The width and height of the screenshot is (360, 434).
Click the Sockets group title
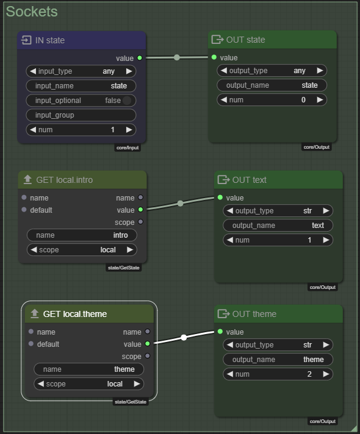pos(32,12)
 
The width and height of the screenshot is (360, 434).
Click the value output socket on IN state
pos(140,58)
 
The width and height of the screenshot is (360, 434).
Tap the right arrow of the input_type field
pos(129,71)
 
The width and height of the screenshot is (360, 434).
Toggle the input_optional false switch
pos(127,101)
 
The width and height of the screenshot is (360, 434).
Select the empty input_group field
pos(81,115)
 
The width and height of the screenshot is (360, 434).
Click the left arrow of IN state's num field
pos(33,130)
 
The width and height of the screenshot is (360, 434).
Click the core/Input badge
pos(128,148)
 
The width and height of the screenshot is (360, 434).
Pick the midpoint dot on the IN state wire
pos(177,57)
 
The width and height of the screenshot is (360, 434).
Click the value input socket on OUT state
pos(214,57)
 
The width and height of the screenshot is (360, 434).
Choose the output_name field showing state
pos(272,85)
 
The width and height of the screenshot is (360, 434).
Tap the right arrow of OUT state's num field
pos(320,99)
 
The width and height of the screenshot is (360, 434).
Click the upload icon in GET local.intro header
pos(27,180)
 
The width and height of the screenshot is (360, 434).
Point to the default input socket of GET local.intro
pos(24,210)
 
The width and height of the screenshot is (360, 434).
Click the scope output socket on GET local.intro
pos(140,222)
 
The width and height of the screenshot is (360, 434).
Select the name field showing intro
pos(82,235)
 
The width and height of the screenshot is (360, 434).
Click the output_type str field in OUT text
pos(278,211)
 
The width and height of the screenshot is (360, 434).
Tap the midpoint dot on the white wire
pos(184,337)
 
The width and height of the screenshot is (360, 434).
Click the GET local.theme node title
pos(75,314)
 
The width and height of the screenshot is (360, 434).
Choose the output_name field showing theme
pos(278,360)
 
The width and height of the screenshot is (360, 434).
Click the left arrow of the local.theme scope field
pos(41,384)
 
